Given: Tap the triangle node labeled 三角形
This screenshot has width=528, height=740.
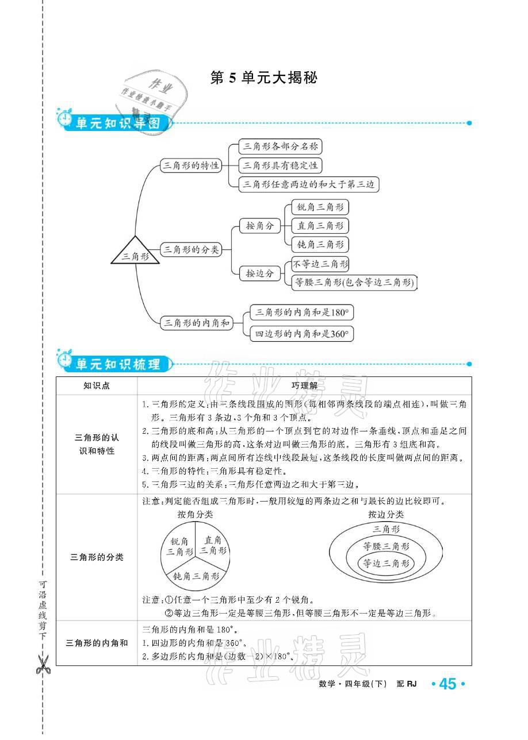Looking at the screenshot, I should (135, 255).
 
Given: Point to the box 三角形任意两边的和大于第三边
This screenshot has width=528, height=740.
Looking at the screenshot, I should (309, 184).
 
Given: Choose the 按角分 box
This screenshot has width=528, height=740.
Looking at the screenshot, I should (259, 226).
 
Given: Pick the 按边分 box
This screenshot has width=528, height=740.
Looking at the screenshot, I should (259, 273).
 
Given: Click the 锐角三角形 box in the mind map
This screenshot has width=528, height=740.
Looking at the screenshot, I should (320, 207).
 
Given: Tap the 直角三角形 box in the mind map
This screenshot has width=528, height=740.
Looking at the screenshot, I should (320, 226).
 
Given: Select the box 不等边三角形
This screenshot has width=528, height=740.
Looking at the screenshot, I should (320, 264).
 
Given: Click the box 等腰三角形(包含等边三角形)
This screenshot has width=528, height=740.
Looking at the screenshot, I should (353, 282).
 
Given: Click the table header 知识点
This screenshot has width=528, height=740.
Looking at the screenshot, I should (96, 386).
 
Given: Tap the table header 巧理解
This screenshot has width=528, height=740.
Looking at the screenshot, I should (304, 386).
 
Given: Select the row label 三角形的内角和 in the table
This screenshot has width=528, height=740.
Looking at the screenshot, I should (97, 643).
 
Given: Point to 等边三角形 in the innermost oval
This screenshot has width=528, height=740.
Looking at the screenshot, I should (385, 564).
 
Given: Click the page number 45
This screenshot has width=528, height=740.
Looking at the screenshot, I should (447, 684).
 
